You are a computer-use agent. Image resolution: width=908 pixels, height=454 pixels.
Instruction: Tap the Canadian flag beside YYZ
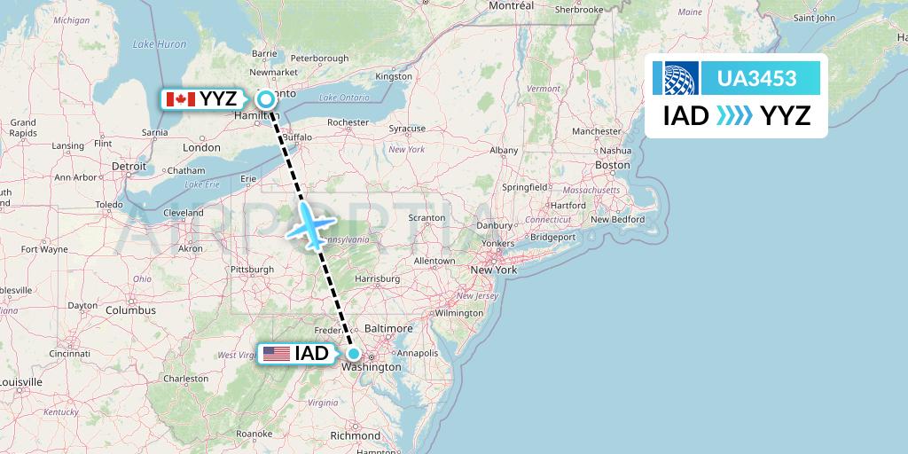pos(180,99)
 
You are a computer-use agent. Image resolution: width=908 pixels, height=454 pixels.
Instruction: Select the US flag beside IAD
pos(277,354)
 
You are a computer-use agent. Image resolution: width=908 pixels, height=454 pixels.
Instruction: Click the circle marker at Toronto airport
pos(265,99)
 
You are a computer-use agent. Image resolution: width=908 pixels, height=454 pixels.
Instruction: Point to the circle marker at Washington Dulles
pos(353,354)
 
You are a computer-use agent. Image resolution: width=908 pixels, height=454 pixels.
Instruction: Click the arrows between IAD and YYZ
pos(733,115)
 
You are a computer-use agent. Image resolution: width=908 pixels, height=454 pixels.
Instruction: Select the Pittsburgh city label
pos(251,269)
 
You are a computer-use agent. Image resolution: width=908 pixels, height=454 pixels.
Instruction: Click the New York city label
pos(493,269)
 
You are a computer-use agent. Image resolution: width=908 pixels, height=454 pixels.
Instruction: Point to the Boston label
pos(613,165)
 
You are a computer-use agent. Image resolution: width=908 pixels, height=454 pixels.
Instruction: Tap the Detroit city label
pos(129,166)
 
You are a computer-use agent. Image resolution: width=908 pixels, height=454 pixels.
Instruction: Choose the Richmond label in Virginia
pos(354,435)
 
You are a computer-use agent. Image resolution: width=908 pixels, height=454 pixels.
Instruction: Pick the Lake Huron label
pos(160,43)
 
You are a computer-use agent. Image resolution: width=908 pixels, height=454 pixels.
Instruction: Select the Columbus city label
pos(130,310)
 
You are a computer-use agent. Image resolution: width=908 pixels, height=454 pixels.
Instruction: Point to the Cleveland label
pos(184,213)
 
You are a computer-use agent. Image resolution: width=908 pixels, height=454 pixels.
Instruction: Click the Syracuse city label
pos(407,129)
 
